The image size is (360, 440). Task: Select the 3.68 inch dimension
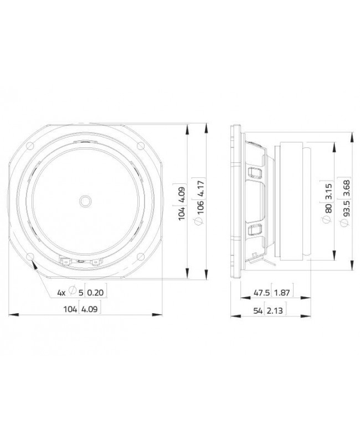pos(345,188)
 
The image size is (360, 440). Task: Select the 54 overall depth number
pos(258,311)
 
